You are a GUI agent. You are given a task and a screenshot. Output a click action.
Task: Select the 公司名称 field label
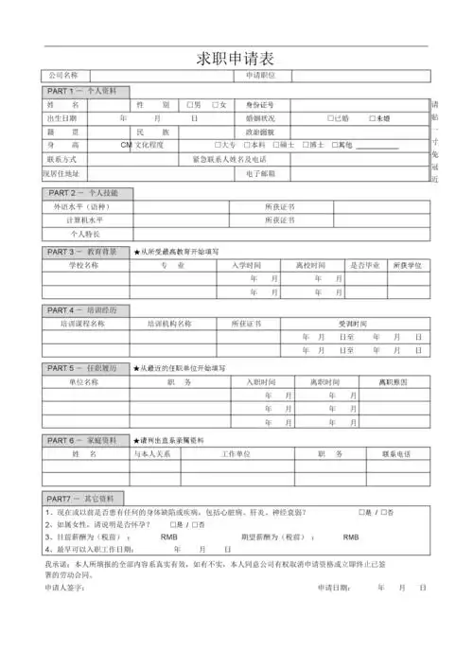63,76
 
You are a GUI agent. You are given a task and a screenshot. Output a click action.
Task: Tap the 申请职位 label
260,76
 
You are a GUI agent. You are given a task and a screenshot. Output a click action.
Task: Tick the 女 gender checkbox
216,104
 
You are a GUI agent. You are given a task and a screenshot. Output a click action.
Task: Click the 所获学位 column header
407,266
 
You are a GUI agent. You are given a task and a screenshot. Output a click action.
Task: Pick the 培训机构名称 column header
169,324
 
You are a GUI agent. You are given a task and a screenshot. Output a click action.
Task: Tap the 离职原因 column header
392,382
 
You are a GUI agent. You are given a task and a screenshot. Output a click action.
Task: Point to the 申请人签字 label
67,588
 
